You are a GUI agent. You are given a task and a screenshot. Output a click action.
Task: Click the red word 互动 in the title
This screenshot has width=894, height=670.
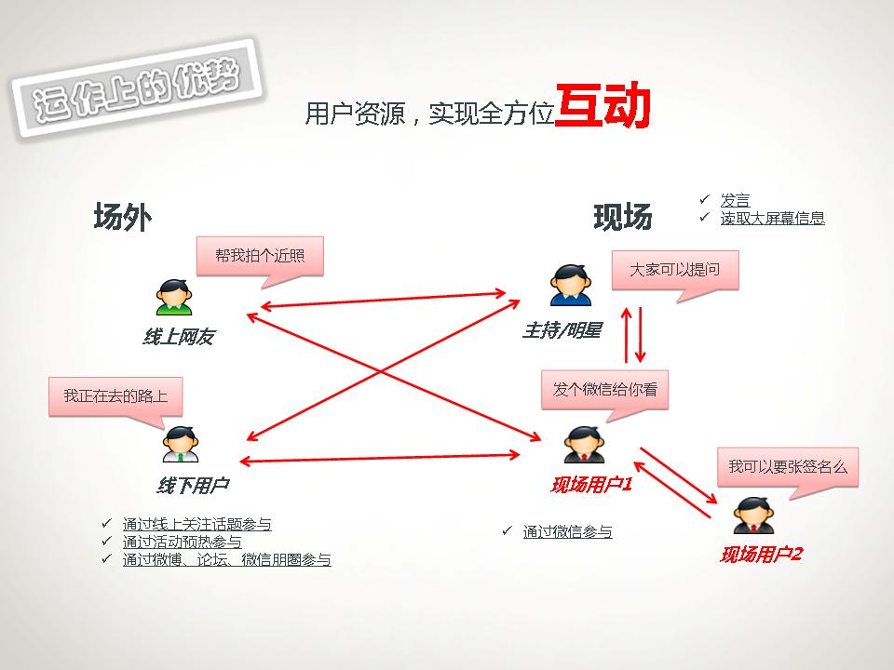(603, 109)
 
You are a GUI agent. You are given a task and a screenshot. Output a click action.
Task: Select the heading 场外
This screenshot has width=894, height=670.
(122, 217)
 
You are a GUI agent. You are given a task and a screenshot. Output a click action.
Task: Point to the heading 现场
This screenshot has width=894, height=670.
(623, 218)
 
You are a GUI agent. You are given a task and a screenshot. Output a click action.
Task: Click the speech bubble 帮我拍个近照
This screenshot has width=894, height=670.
(260, 256)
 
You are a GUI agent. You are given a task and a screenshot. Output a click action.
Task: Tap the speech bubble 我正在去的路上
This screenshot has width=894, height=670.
(115, 395)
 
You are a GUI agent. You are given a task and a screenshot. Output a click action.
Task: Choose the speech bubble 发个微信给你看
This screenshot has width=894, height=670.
(605, 389)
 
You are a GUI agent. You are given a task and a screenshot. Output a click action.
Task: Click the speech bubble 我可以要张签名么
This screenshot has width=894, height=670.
(788, 466)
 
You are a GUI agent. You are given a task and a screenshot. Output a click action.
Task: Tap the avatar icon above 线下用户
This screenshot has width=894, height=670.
(180, 445)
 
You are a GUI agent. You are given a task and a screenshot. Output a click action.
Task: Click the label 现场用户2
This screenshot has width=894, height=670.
(761, 555)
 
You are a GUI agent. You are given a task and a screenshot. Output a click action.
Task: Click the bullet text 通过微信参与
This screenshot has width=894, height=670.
(567, 532)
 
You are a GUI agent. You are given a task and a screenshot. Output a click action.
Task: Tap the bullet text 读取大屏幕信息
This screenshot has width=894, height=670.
(772, 219)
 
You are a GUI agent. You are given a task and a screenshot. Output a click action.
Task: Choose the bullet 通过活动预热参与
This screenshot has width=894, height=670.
(182, 542)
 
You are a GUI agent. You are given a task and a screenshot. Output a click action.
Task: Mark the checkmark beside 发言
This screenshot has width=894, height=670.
(705, 200)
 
